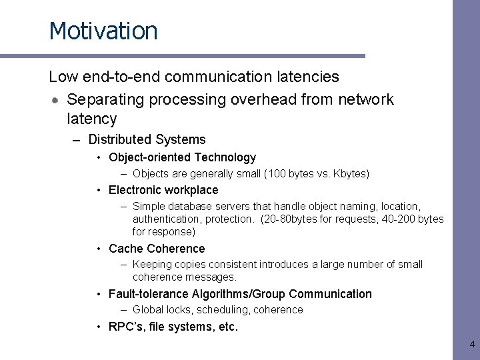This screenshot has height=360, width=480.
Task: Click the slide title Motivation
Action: (103, 31)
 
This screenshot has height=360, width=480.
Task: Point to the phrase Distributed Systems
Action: (147, 139)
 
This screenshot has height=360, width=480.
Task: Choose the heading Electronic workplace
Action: (163, 190)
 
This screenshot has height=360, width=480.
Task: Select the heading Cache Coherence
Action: (157, 249)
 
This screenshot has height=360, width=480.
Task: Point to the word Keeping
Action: (152, 265)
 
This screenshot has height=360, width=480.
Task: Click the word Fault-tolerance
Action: (149, 294)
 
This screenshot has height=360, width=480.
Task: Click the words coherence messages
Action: (185, 277)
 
